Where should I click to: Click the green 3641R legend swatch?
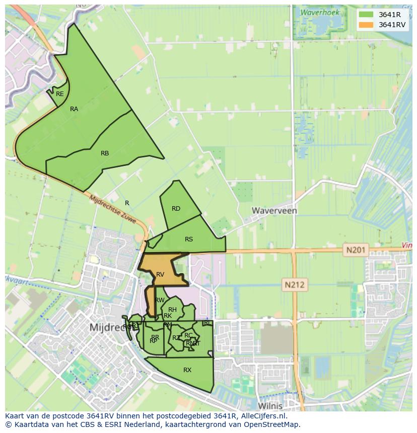pos(366,15)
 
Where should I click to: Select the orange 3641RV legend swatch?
pos(366,25)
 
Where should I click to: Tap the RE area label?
pos(60,94)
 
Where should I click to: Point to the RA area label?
pos(74,109)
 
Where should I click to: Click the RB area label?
pos(105,153)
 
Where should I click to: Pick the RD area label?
pos(176,209)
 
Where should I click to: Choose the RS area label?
pos(189,239)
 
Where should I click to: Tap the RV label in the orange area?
pos(160,275)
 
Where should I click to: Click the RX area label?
pos(187,370)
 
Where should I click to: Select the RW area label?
pos(160,300)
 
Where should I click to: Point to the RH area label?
pos(172,310)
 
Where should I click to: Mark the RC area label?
pos(188,335)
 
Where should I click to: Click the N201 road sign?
pos(357,249)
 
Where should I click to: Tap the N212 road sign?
pos(295,285)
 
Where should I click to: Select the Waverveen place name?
pos(274,211)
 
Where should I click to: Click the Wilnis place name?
pos(270,405)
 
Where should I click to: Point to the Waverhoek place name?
pos(320,13)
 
